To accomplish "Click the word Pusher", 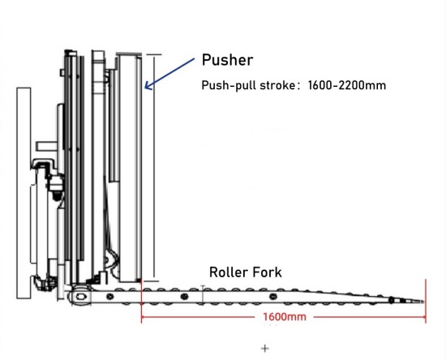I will [227, 60].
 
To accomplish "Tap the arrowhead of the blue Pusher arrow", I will [146, 86].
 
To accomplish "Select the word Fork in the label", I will [267, 272].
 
